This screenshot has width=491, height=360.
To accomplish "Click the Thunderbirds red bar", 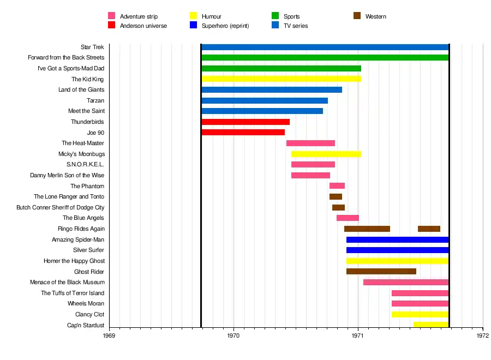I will click(x=245, y=122).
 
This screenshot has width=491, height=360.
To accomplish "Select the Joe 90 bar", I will click(x=243, y=133).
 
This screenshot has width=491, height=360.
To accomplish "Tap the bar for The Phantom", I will click(x=337, y=186).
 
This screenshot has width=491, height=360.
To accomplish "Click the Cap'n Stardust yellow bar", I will click(x=431, y=325).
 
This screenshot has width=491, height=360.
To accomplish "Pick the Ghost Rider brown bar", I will click(x=381, y=272).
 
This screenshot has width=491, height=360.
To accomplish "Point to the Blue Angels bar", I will click(x=348, y=218).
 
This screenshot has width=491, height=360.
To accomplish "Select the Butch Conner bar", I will click(x=338, y=207).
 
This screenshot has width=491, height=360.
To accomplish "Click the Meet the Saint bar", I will click(x=262, y=111).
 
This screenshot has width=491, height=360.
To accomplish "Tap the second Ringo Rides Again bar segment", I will click(x=429, y=229).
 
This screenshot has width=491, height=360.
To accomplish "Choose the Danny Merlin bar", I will click(x=310, y=175).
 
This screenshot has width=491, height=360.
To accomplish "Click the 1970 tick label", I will click(x=233, y=336).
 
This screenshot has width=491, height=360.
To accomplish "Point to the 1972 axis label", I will click(x=483, y=336).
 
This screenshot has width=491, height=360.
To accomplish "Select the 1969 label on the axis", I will click(x=109, y=336).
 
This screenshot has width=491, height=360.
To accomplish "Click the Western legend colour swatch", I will click(x=357, y=16).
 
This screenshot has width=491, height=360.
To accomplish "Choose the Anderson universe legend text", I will click(x=143, y=26).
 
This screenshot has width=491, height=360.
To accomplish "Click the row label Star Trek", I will click(x=92, y=47).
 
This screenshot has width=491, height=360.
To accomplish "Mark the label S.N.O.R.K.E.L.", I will click(x=85, y=165).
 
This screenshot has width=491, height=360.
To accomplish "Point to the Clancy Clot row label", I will click(x=89, y=315).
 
